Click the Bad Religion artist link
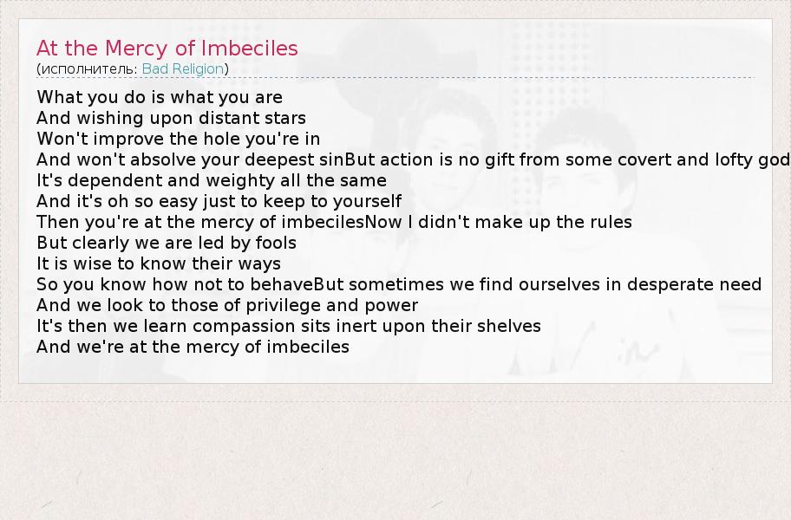click(x=183, y=68)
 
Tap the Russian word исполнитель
click(x=88, y=69)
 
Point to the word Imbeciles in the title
click(x=249, y=49)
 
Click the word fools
click(x=276, y=243)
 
